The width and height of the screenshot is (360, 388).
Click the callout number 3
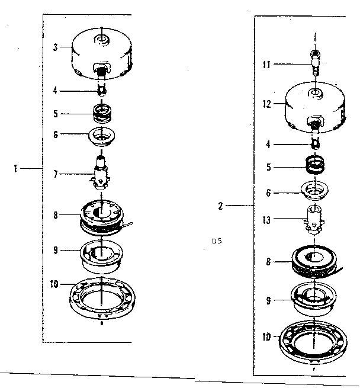[56, 47]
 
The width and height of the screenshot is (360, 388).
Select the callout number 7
[56, 174]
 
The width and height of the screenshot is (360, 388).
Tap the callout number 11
[266, 65]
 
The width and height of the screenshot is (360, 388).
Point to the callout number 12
[267, 104]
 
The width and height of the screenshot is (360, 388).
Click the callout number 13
[266, 220]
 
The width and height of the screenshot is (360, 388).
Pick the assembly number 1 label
[15, 169]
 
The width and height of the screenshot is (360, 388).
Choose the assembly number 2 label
[220, 206]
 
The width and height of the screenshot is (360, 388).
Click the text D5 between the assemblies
[217, 241]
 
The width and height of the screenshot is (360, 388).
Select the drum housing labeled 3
[102, 53]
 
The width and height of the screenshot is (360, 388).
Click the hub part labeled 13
[314, 219]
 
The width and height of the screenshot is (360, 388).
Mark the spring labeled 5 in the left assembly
[102, 113]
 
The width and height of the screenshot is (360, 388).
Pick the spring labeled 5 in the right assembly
[315, 165]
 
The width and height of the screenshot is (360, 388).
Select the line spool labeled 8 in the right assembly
[315, 262]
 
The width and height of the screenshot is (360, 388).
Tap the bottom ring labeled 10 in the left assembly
[102, 299]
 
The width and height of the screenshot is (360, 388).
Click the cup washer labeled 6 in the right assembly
[314, 191]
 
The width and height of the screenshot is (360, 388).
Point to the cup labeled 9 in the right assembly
[314, 299]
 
